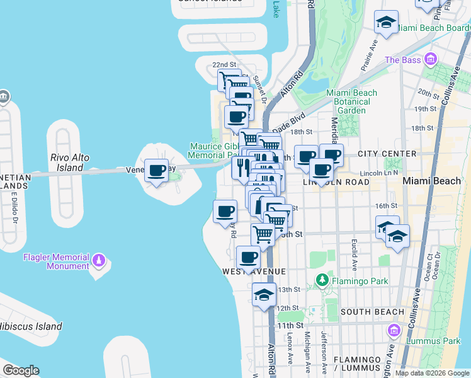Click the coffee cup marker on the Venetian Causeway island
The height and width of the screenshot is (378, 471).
pos(157,170)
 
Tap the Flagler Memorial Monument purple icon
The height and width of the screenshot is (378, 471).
pos(98,260)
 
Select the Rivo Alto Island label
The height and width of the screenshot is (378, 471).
pos(70,163)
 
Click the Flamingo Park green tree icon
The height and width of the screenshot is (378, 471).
pos(322,278)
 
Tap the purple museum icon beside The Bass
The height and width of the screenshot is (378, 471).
pos(431,60)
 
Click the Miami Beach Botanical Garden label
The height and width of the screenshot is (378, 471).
pos(351,101)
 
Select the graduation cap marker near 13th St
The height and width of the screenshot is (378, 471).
pos(264,295)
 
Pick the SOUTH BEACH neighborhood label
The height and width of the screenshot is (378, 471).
pos(372,312)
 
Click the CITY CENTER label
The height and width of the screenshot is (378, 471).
pos(387,154)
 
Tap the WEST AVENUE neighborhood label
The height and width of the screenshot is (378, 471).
pos(254,272)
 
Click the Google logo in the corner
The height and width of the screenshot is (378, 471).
pos(21,370)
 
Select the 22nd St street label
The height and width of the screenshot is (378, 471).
pos(224,65)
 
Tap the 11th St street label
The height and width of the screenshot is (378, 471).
pos(290,325)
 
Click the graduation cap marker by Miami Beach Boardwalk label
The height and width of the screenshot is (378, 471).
pos(385,23)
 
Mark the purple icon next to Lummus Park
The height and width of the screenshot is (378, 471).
pos(394,330)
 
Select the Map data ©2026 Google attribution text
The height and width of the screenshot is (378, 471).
pos(431,373)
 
